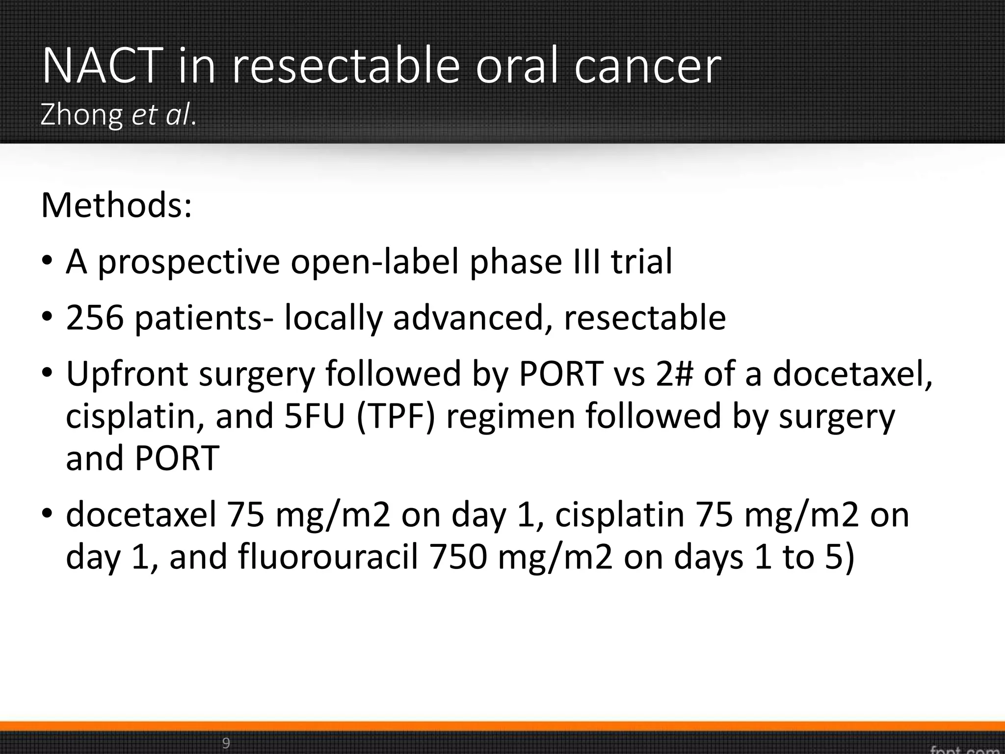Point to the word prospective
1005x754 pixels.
click(x=189, y=262)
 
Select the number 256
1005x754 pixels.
click(x=94, y=318)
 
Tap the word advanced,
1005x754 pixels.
click(x=473, y=318)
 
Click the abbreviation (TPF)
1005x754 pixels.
click(x=396, y=416)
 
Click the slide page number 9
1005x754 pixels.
click(x=226, y=743)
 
